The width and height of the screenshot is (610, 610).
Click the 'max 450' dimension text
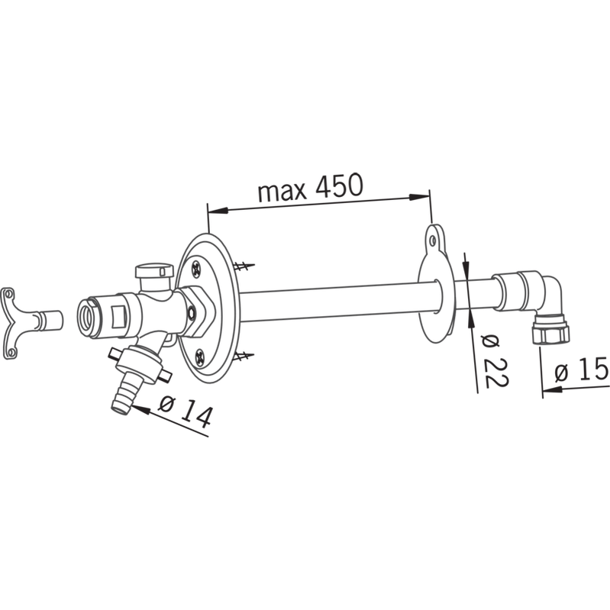[311, 187]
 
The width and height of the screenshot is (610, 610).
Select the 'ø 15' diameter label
[581, 368]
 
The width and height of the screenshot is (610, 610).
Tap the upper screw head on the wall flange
[195, 268]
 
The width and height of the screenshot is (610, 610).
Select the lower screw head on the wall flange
[200, 356]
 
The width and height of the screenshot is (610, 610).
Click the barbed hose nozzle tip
[123, 396]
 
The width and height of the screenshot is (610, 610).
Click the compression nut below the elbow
[550, 331]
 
